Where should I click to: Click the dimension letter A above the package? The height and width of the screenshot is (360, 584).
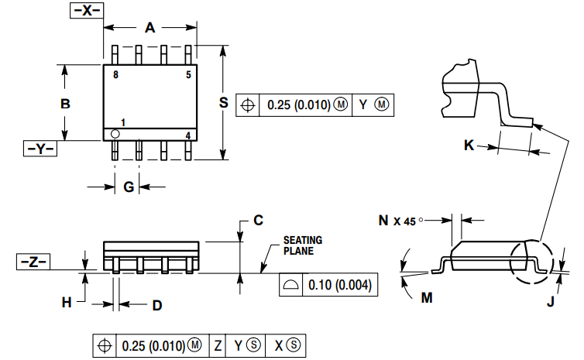coord(150,28)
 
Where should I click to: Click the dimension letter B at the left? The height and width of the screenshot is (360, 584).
coord(66,103)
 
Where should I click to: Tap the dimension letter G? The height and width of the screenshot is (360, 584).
coord(129,187)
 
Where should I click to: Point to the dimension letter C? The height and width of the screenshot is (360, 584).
coord(259,220)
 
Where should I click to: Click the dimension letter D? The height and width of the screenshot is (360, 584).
coord(156,305)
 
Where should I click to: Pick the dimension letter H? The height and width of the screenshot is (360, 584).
coord(67,301)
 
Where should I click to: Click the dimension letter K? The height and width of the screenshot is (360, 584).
coord(469,145)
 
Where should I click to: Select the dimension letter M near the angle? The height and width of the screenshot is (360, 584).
coord(427,297)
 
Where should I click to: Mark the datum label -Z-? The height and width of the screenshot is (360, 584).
coord(33,262)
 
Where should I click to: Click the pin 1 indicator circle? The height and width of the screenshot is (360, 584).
coord(115,134)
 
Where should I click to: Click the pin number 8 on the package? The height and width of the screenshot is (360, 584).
coord(115,75)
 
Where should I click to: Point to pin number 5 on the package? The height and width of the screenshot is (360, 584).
coord(187,75)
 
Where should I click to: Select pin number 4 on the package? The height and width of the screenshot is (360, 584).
coord(187,135)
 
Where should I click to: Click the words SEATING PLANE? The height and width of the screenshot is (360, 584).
coord(302,245)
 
